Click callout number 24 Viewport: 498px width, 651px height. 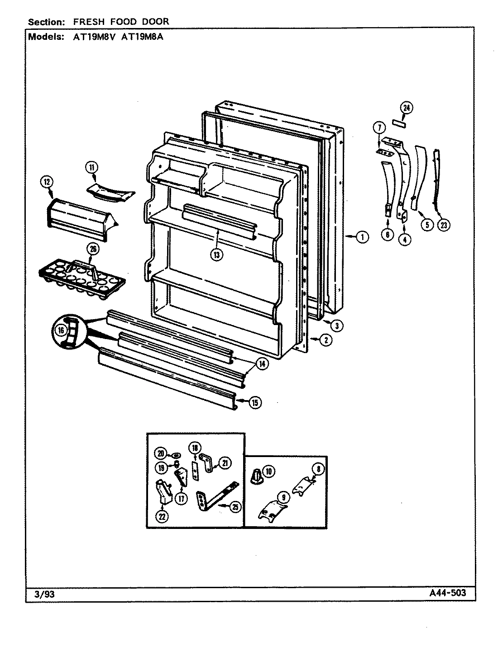pyautogui.click(x=407, y=108)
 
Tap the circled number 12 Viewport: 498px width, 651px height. pyautogui.click(x=47, y=182)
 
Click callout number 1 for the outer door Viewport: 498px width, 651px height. pyautogui.click(x=362, y=236)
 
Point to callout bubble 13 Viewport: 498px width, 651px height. pyautogui.click(x=217, y=255)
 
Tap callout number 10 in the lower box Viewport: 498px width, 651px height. pyautogui.click(x=269, y=472)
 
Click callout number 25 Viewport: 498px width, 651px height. pyautogui.click(x=235, y=508)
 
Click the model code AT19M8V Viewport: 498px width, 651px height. pyautogui.click(x=91, y=38)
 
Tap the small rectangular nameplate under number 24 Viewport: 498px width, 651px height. pyautogui.click(x=399, y=123)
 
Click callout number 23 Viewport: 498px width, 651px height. pyautogui.click(x=445, y=225)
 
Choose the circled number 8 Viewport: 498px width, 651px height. pyautogui.click(x=318, y=469)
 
